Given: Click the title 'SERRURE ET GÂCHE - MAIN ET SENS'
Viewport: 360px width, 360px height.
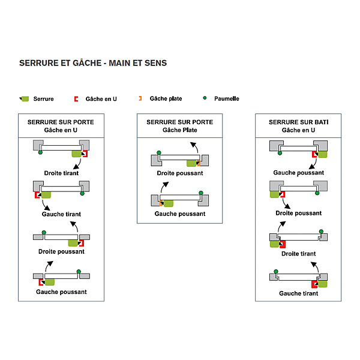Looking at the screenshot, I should pos(93,63).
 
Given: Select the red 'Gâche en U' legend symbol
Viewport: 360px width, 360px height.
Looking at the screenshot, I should pos(76,98).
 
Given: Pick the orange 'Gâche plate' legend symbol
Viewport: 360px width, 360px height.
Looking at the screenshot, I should pos(140,98).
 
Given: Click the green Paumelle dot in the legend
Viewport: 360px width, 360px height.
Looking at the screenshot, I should pos(205,98).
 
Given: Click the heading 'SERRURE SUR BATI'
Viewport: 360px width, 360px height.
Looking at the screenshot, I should pos(298,122).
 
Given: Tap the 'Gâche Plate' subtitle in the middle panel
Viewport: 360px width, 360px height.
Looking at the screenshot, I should pos(180,130).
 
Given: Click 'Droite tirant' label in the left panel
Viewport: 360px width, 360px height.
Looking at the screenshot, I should pos(61,173).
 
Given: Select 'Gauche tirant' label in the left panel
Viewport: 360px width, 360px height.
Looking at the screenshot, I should pos(61,214).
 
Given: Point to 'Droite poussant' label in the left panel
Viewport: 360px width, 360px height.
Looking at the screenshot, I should pos(61,252).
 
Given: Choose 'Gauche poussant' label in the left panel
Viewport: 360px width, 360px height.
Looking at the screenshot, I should pos(61,292).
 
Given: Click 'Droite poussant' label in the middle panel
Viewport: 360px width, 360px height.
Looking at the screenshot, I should pos(180,173).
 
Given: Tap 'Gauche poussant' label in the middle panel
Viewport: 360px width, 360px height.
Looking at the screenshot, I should pos(180,214).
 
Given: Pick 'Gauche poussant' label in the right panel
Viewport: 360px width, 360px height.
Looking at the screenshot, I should pos(298,173).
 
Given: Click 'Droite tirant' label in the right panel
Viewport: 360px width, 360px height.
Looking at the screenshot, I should pos(298,254).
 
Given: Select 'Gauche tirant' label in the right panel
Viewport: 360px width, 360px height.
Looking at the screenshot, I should pos(298,293).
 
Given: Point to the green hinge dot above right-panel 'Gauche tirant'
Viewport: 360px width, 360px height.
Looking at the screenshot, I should pos(275,271).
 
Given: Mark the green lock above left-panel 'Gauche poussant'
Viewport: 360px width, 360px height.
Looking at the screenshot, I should pos(49,281).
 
